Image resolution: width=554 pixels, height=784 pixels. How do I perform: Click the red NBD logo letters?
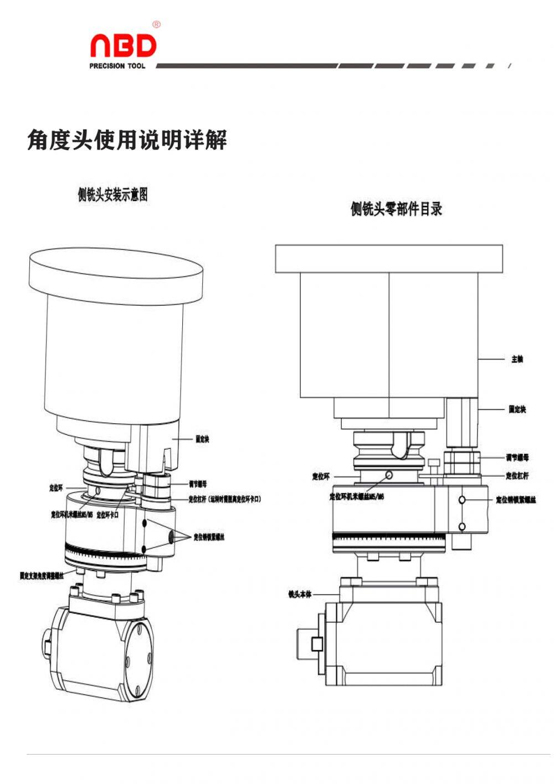point(123,47)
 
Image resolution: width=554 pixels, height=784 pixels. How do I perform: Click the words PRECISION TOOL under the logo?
point(117,66)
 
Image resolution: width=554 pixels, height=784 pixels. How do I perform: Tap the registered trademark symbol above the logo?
point(156,24)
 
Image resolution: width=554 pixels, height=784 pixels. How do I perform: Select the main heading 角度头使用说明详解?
point(127,140)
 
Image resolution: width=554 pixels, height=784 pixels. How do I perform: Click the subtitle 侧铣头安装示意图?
point(112,194)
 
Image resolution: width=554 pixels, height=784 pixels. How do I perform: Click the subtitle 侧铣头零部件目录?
point(396,209)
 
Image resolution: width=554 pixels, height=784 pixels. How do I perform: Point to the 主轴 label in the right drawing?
point(517,360)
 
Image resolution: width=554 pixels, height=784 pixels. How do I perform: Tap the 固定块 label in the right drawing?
point(517,409)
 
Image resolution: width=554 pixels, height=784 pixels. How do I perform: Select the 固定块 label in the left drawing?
point(202,439)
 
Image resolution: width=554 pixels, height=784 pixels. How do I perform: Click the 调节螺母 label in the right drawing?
point(517,458)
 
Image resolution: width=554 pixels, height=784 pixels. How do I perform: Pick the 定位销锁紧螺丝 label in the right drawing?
point(516,500)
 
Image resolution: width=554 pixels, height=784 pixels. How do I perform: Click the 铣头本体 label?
point(300,595)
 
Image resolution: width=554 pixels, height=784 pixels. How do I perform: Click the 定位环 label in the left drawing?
point(55,488)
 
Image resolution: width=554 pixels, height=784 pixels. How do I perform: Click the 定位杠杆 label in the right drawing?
point(517,476)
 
